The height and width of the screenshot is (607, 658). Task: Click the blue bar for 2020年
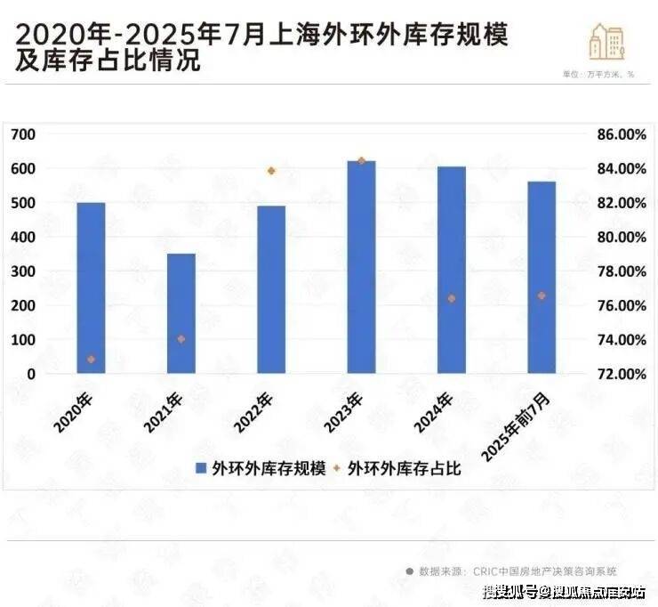(91, 287)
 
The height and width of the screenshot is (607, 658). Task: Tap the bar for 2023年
(361, 267)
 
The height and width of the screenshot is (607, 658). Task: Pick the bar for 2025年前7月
(542, 277)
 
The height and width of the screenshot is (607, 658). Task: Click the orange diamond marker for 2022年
(271, 171)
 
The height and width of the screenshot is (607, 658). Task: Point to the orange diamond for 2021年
(181, 339)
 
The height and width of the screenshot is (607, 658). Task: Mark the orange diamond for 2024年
(452, 299)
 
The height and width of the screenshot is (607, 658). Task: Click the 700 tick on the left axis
(23, 134)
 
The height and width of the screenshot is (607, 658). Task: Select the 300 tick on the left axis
(23, 271)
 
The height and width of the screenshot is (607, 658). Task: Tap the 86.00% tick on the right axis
(619, 134)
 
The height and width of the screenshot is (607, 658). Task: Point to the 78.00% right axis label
(619, 271)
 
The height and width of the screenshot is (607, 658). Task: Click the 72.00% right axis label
(619, 374)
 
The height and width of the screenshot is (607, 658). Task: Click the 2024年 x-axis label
(433, 411)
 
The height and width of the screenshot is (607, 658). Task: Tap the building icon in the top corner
(606, 40)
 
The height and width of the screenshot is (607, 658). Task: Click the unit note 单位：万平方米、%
(598, 74)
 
